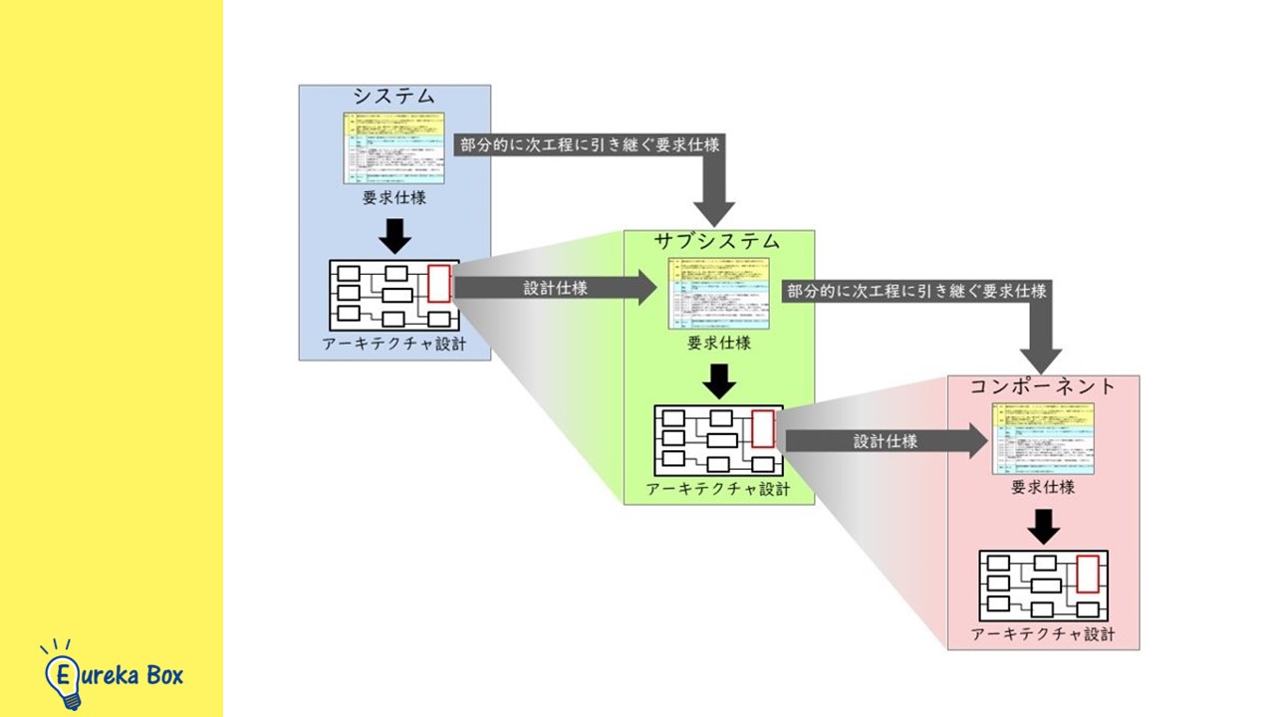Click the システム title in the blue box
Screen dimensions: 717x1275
pyautogui.click(x=394, y=97)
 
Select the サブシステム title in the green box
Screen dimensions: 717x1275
pyautogui.click(x=717, y=242)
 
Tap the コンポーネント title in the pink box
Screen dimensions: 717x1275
pyautogui.click(x=1043, y=386)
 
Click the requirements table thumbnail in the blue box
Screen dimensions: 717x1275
pyautogui.click(x=394, y=147)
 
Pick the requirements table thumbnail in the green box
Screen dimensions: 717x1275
pyautogui.click(x=718, y=294)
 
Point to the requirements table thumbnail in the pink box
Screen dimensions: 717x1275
pyautogui.click(x=1043, y=438)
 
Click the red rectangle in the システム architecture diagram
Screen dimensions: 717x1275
pyautogui.click(x=439, y=284)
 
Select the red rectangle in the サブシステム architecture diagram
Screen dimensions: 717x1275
pyautogui.click(x=763, y=428)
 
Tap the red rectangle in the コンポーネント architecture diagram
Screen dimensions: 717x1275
pyautogui.click(x=1088, y=574)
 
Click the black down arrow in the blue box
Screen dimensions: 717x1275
pyautogui.click(x=394, y=234)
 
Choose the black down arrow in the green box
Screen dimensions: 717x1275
pyautogui.click(x=718, y=380)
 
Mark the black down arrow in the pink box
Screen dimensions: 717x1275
pyautogui.click(x=1043, y=526)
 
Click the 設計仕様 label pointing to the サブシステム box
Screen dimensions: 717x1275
pyautogui.click(x=555, y=289)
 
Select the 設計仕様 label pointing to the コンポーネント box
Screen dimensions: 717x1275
pyautogui.click(x=885, y=441)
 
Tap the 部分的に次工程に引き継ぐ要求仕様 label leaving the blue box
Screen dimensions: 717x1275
pyautogui.click(x=588, y=144)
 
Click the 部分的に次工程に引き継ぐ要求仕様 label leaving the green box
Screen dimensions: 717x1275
pyautogui.click(x=916, y=292)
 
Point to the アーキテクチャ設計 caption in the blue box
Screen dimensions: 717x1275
pyautogui.click(x=393, y=344)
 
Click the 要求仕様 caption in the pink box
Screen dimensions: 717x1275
pyautogui.click(x=1043, y=488)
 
